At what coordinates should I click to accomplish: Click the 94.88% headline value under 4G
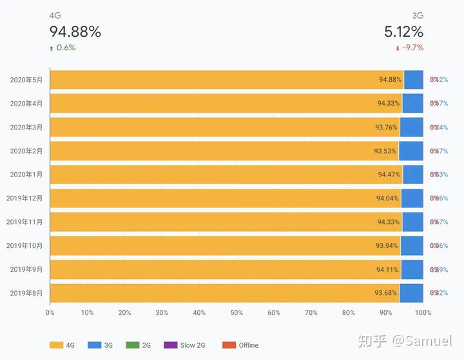tap(75, 32)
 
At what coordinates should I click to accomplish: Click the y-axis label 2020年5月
tap(26, 80)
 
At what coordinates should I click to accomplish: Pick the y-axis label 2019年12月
tap(24, 198)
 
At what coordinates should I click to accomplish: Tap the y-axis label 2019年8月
tap(26, 293)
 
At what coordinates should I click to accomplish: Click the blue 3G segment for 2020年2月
tap(411, 151)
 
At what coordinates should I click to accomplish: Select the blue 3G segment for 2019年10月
tap(412, 245)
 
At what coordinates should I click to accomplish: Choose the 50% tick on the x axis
tap(237, 313)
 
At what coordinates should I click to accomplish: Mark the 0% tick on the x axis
tap(50, 313)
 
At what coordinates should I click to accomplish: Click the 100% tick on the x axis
tap(423, 313)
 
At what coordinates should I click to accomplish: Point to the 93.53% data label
tap(386, 151)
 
